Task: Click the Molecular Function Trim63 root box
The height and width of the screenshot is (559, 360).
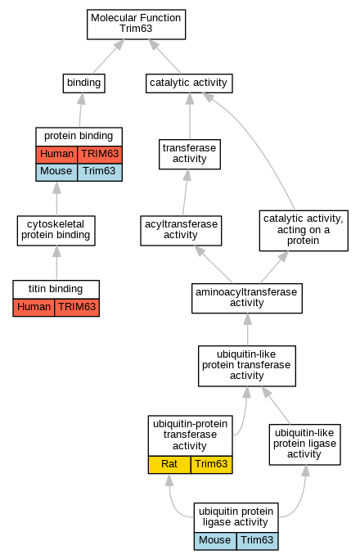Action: pyautogui.click(x=136, y=25)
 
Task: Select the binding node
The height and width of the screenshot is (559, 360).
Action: pyautogui.click(x=83, y=83)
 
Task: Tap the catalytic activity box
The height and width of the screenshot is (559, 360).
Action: pyautogui.click(x=189, y=83)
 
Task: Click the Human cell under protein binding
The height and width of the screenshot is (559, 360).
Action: pyautogui.click(x=56, y=155)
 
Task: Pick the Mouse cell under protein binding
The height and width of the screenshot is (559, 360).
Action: pyautogui.click(x=56, y=172)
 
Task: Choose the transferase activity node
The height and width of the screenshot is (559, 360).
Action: pyautogui.click(x=190, y=154)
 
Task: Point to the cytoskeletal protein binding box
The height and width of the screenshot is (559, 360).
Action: pyautogui.click(x=56, y=230)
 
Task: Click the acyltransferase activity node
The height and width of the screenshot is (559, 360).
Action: pyautogui.click(x=181, y=230)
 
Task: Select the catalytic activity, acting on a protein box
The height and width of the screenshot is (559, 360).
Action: pyautogui.click(x=304, y=230)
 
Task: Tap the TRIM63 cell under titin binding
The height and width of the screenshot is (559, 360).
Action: pyautogui.click(x=77, y=307)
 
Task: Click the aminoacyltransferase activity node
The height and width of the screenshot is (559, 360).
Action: pyautogui.click(x=246, y=298)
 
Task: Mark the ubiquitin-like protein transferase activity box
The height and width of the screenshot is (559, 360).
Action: pyautogui.click(x=246, y=366)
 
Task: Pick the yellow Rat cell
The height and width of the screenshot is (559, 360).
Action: pyautogui.click(x=169, y=465)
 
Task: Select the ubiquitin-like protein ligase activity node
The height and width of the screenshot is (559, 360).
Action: pyautogui.click(x=304, y=444)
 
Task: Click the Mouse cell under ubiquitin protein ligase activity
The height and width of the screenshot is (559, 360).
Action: pyautogui.click(x=215, y=541)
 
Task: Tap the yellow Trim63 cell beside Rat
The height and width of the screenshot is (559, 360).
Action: pyautogui.click(x=211, y=465)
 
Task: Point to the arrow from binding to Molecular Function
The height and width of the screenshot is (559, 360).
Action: pyautogui.click(x=108, y=56)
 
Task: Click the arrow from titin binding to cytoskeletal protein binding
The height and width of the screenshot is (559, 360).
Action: pyautogui.click(x=56, y=263)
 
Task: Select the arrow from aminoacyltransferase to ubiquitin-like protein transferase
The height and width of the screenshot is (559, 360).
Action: pyautogui.click(x=247, y=329)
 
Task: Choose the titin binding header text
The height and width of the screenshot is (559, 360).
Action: pyautogui.click(x=56, y=289)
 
